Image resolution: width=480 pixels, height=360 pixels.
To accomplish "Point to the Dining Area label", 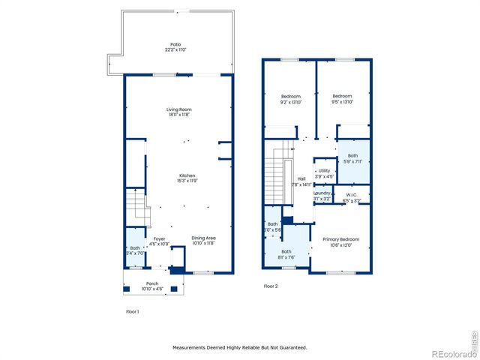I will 203,238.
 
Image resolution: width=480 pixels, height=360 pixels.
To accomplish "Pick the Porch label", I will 152,283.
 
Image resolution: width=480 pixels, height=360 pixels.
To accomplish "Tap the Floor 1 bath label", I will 135,248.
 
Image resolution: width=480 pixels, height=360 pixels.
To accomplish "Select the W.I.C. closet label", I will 351,193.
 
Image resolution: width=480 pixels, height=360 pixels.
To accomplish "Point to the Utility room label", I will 324,170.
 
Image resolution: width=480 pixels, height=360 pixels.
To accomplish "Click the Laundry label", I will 322,193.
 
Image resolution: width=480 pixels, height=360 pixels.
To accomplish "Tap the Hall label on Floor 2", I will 301,178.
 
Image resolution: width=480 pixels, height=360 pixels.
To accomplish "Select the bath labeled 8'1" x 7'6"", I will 286,252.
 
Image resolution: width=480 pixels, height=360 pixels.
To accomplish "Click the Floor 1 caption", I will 132,310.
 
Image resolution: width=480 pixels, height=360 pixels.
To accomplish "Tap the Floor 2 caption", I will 270,286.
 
